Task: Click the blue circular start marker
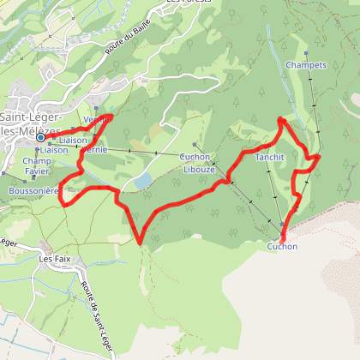pyautogui.click(x=39, y=137)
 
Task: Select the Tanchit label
pyautogui.click(x=269, y=158)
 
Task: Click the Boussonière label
pyautogui.click(x=33, y=190)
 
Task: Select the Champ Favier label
pyautogui.click(x=38, y=165)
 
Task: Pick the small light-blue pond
pyautogui.click(x=142, y=180)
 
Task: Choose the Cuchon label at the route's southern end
pyautogui.click(x=282, y=247)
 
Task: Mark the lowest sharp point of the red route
pyautogui.click(x=141, y=243)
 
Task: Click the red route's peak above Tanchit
pyautogui.click(x=282, y=118)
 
